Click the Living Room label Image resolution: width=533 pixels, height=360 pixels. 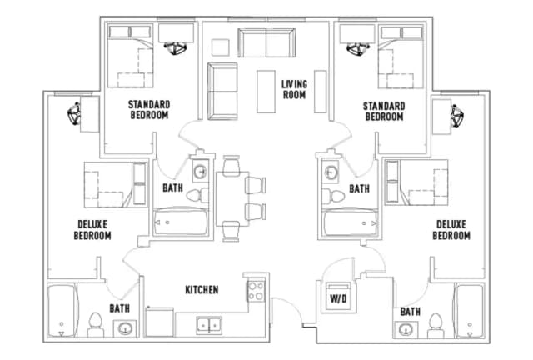point(294,89)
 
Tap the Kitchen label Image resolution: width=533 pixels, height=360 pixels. point(202,289)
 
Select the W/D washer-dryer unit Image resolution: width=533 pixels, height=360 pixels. point(339,296)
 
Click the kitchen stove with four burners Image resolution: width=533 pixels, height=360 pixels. point(256,290)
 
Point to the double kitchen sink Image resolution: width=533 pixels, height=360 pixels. point(209,325)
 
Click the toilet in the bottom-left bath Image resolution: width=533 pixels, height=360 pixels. point(95,325)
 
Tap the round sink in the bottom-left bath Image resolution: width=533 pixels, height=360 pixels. point(125,328)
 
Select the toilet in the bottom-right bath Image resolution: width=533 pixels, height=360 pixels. point(436,326)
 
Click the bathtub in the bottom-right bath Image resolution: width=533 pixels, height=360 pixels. point(470,311)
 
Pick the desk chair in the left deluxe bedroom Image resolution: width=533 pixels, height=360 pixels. point(74,113)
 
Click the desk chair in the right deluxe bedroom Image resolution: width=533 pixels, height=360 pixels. point(457,116)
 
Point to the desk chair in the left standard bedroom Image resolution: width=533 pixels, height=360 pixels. point(175,48)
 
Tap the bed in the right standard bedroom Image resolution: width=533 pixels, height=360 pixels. point(401,57)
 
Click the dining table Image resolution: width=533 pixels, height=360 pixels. point(232,198)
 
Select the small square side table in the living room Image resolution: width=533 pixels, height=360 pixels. point(220,47)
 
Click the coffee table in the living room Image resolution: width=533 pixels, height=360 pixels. point(266,92)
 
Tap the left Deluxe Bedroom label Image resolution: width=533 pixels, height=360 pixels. point(92,230)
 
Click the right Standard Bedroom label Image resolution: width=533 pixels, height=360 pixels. point(384,112)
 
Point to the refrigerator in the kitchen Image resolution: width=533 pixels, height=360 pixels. point(159,322)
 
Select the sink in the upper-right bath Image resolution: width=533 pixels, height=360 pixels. point(330,172)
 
